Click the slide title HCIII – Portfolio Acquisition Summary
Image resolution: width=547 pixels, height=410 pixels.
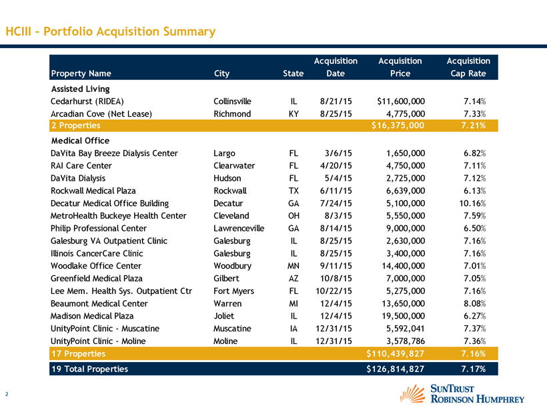click(110, 31)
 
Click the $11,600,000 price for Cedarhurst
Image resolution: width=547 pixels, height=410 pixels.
click(401, 101)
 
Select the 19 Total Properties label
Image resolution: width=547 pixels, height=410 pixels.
click(89, 368)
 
